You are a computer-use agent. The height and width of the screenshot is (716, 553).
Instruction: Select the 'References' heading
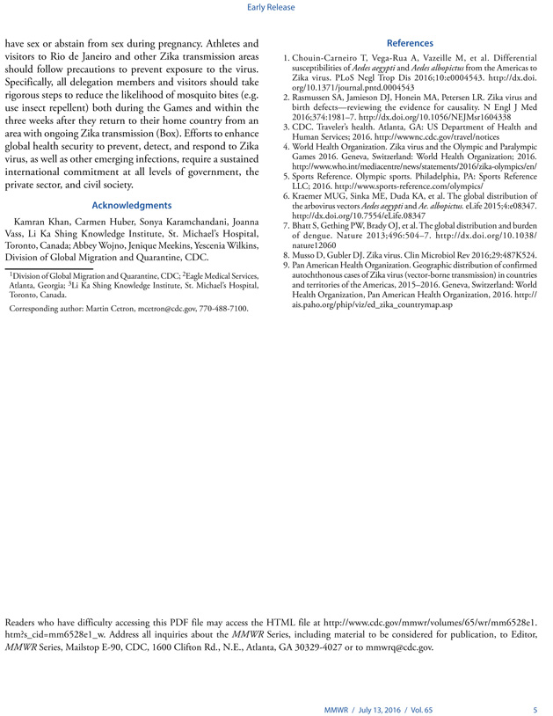[409, 43]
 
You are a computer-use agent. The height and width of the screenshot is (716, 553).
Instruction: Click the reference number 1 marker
[285, 58]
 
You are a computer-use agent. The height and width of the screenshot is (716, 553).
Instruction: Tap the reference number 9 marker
[285, 265]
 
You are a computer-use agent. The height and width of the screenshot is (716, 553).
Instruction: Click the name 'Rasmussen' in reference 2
[313, 97]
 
